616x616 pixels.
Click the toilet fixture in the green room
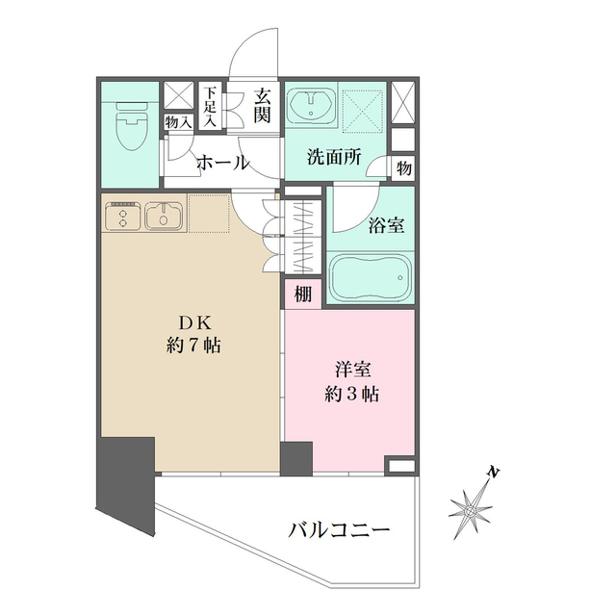(x=128, y=127)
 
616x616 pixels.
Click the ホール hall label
(x=222, y=163)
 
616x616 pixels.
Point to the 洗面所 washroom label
(x=334, y=157)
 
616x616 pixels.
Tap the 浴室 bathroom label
(x=387, y=226)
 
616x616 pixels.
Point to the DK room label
(x=192, y=321)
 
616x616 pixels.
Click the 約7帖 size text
(x=192, y=345)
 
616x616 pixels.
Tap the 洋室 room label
(x=349, y=369)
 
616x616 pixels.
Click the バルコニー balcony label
(x=339, y=529)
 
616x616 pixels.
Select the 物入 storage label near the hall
(x=178, y=122)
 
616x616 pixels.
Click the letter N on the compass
(x=494, y=473)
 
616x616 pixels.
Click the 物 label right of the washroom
(x=403, y=167)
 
